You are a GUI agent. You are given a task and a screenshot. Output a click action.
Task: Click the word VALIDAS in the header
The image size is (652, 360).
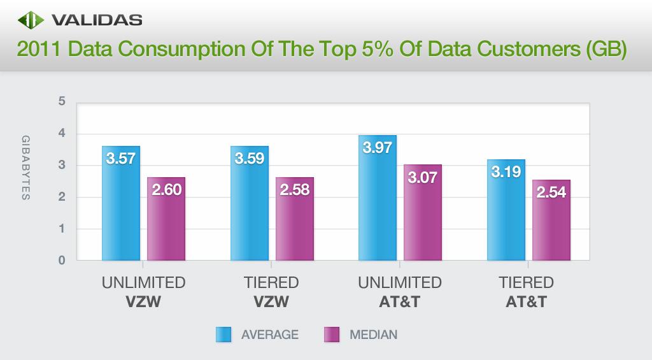coord(97,20)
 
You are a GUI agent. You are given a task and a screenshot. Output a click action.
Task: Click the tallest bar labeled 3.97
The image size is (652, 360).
coord(378,198)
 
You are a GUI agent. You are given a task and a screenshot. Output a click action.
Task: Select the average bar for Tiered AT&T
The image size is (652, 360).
coord(506,210)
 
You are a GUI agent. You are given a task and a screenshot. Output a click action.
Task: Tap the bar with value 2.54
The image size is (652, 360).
coord(551,220)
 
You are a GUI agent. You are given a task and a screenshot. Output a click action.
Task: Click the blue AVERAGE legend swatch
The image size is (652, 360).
coord(223,335)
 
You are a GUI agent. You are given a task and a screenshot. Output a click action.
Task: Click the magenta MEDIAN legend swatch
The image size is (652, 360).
coord(332,335)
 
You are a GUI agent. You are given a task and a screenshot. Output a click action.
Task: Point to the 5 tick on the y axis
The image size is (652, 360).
coord(62,101)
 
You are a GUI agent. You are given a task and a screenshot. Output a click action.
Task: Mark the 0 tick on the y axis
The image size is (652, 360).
coord(62,260)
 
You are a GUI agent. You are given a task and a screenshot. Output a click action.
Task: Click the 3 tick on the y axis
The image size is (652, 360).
coord(62,165)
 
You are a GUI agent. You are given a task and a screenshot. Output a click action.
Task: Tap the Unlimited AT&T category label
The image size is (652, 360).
coord(400,292)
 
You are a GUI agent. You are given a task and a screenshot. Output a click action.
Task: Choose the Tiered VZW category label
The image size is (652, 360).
coord(271,292)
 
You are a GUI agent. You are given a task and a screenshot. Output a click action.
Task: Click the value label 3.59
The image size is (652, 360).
coord(250,158)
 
